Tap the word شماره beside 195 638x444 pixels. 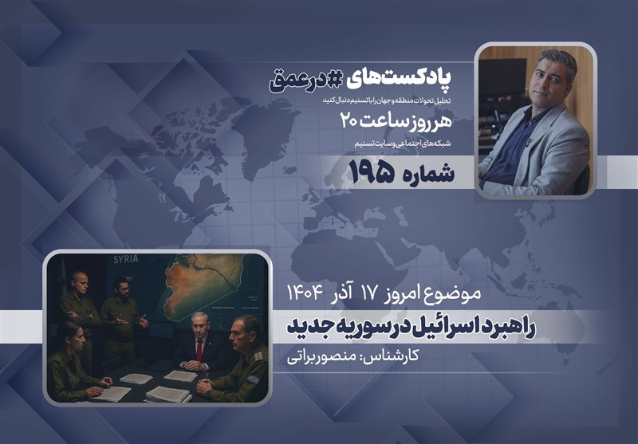[423, 173]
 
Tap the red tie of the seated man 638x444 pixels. [199, 347]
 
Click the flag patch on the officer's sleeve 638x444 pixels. [255, 375]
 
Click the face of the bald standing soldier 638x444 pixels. [79, 282]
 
